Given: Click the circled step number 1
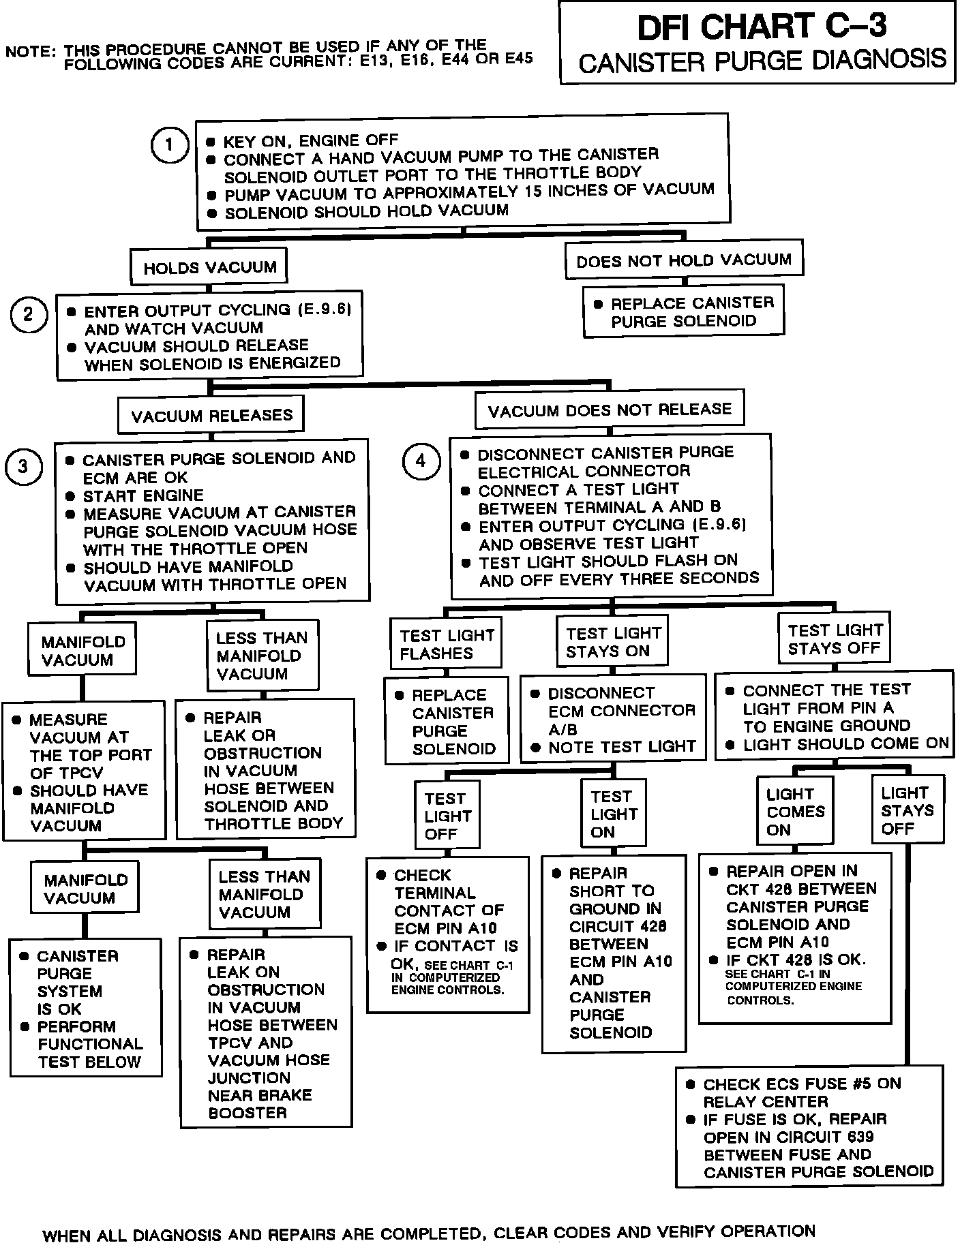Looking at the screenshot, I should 168,145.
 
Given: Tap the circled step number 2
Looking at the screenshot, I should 29,315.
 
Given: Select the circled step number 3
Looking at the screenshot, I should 23,467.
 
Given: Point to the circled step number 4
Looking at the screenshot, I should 421,461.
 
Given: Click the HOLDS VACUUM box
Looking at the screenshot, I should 209,267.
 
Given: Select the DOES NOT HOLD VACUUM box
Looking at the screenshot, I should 684,260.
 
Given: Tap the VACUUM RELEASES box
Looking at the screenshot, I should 211,415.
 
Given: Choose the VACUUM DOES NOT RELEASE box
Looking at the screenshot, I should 610,410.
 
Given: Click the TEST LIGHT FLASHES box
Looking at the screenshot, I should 446,644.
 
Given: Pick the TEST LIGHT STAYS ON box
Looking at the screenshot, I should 612,642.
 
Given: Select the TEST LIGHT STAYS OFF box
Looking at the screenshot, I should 835,639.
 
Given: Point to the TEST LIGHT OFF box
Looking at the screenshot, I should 447,816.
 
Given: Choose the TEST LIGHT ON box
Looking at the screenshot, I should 614,814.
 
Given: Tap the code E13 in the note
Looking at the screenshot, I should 372,59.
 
